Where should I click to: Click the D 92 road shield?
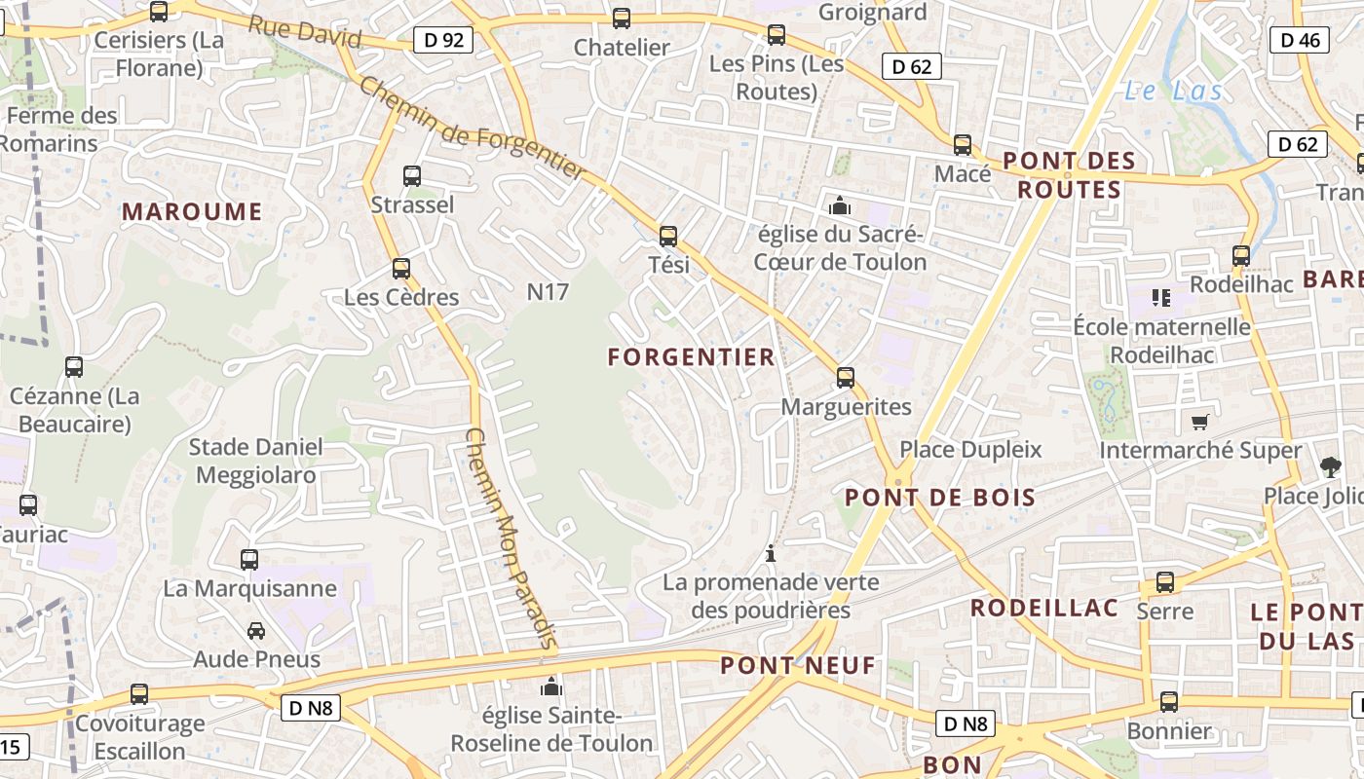(443, 40)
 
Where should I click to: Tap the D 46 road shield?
(1300, 40)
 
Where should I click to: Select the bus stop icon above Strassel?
(412, 176)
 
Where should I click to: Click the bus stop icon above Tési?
(668, 236)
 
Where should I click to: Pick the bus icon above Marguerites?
(846, 378)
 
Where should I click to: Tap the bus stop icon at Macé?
(963, 145)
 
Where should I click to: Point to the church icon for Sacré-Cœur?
(839, 205)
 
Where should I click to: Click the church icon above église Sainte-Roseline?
(551, 687)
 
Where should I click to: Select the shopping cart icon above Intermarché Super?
(1200, 422)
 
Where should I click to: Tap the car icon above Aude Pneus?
(256, 631)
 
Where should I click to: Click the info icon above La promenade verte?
(772, 553)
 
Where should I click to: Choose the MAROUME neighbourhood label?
(192, 211)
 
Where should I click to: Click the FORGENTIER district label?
(692, 357)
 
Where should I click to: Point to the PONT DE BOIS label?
(940, 498)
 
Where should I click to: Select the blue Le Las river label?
(1172, 92)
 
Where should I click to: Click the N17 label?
(548, 291)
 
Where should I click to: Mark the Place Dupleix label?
(970, 449)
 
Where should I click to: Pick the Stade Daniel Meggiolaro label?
(255, 461)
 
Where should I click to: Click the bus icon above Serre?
(1165, 582)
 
